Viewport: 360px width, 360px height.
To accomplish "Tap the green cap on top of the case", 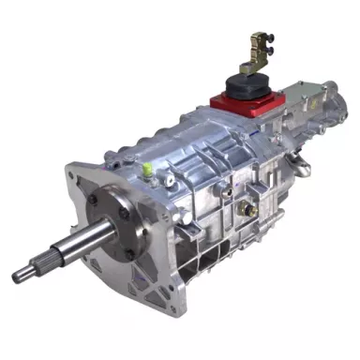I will [148, 169].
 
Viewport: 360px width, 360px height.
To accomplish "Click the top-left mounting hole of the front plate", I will [73, 175].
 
